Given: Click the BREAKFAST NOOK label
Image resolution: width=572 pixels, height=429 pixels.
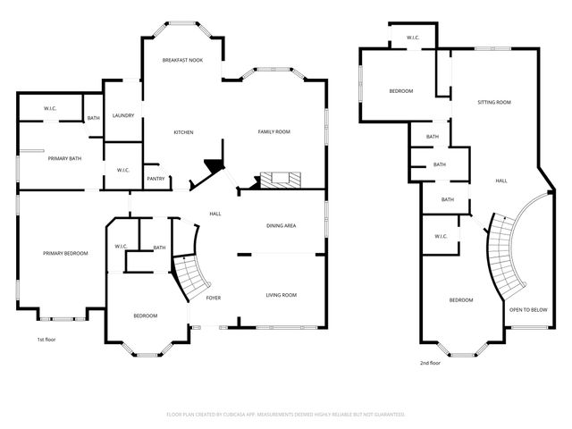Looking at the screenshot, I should tap(182, 60).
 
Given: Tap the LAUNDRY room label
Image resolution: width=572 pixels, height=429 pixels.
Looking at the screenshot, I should tap(122, 114).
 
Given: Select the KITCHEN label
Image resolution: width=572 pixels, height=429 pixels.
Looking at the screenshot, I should tap(183, 132).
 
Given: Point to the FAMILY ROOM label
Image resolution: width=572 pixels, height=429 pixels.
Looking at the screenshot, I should tap(274, 132).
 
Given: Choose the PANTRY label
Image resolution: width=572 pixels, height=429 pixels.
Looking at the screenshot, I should tap(155, 178).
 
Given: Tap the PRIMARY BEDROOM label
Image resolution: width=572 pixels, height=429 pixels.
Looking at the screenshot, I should tap(66, 254).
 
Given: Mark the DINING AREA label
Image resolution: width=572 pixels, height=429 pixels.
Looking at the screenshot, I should tap(281, 225).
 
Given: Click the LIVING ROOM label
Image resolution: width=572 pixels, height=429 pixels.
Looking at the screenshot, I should tap(281, 295).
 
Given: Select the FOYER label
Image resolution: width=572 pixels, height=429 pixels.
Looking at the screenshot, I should tap(214, 297).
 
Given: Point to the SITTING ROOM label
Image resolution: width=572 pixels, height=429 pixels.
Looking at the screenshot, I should tap(494, 103).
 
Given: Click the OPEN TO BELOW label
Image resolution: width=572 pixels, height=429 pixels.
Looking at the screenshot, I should tap(527, 309).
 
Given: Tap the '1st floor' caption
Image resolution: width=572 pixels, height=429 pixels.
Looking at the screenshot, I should tap(47, 340).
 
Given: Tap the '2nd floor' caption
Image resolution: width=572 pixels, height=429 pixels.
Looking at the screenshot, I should tap(430, 363).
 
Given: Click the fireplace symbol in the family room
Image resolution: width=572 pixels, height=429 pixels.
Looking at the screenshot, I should tap(275, 180).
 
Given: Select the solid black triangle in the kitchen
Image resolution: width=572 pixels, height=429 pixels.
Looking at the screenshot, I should tap(214, 166).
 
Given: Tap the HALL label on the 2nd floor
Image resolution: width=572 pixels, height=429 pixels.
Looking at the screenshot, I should tap(501, 181).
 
